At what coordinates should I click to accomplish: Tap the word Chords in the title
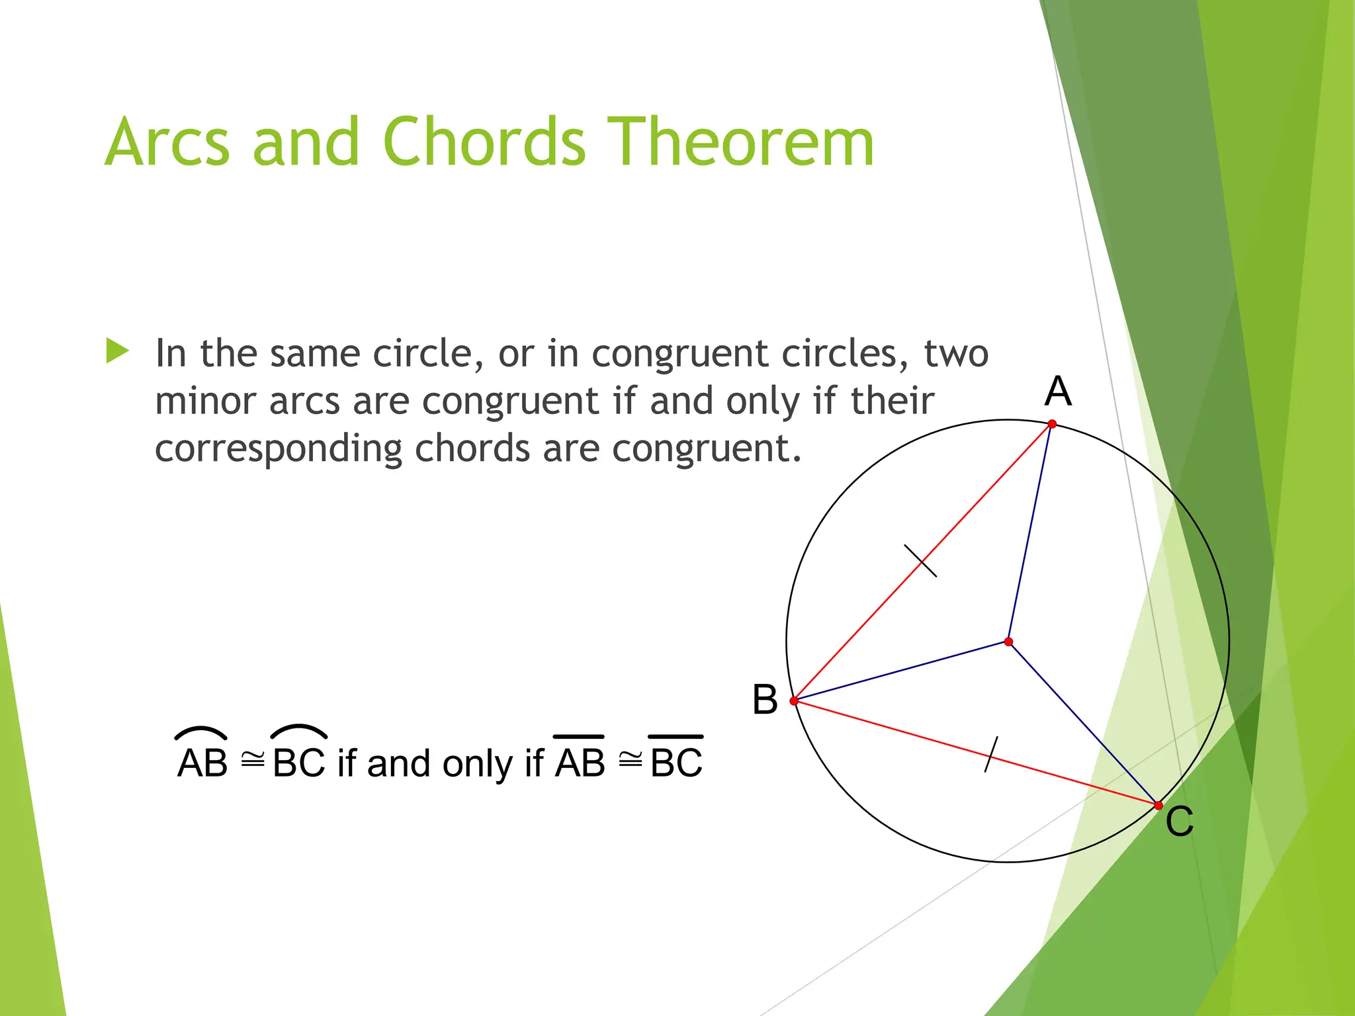(484, 142)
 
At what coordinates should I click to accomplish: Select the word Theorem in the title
(740, 142)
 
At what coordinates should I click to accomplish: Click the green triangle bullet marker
(117, 351)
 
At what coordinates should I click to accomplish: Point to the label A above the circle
(1057, 391)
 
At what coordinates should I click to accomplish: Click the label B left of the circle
(765, 699)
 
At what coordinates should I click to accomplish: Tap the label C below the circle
(1179, 822)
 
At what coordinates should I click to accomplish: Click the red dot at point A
(1052, 424)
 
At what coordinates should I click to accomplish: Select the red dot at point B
(794, 700)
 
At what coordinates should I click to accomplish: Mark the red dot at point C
(1158, 806)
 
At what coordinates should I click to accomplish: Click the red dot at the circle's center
(1008, 642)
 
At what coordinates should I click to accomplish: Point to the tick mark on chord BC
(990, 754)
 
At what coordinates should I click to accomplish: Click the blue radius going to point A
(1030, 532)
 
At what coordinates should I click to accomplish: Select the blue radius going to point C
(1083, 724)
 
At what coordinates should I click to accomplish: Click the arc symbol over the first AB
(201, 732)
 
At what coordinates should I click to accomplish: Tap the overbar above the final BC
(676, 736)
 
